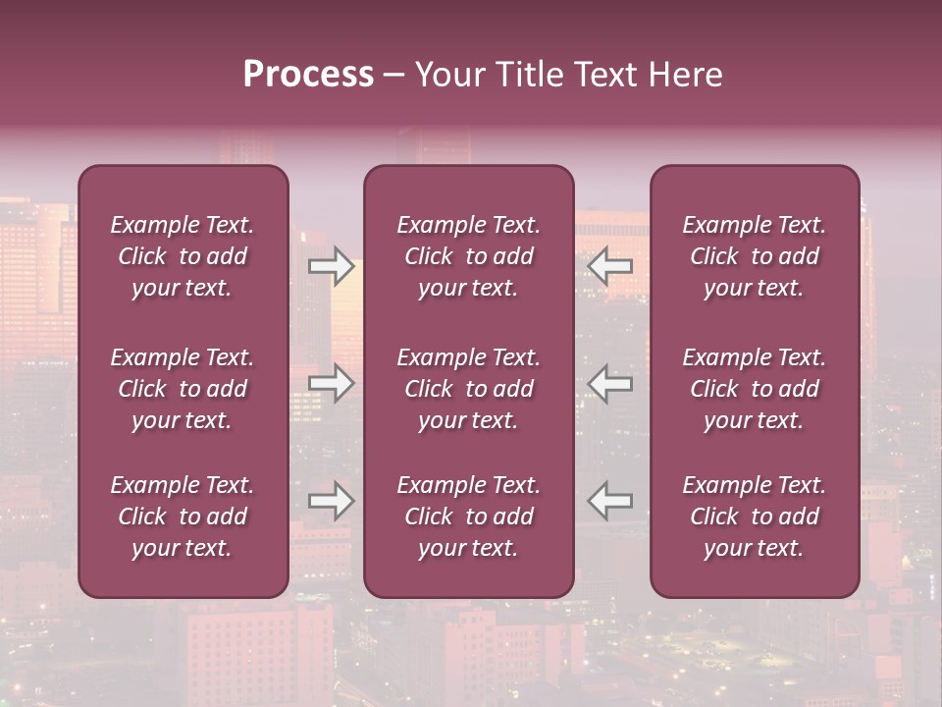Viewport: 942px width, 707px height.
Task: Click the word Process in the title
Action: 308,75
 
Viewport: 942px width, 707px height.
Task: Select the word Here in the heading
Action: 686,75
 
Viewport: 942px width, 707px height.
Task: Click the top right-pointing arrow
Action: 331,265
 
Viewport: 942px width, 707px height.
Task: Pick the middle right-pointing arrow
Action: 331,383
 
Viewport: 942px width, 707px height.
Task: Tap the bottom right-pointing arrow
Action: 331,501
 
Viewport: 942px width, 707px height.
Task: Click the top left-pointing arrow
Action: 610,265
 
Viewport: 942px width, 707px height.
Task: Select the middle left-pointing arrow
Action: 610,383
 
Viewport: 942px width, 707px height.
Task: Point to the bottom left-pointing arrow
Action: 610,501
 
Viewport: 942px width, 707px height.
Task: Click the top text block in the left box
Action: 183,256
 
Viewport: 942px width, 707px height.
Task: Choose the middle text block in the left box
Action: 183,389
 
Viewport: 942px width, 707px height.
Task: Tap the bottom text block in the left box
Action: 183,517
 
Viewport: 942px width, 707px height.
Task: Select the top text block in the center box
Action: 468,256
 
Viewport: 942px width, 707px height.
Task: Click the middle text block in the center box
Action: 468,389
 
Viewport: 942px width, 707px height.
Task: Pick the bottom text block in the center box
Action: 468,517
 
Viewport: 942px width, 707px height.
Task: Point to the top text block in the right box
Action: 754,256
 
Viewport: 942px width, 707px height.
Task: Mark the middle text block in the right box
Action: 754,389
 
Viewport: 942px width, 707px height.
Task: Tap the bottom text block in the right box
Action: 754,517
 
